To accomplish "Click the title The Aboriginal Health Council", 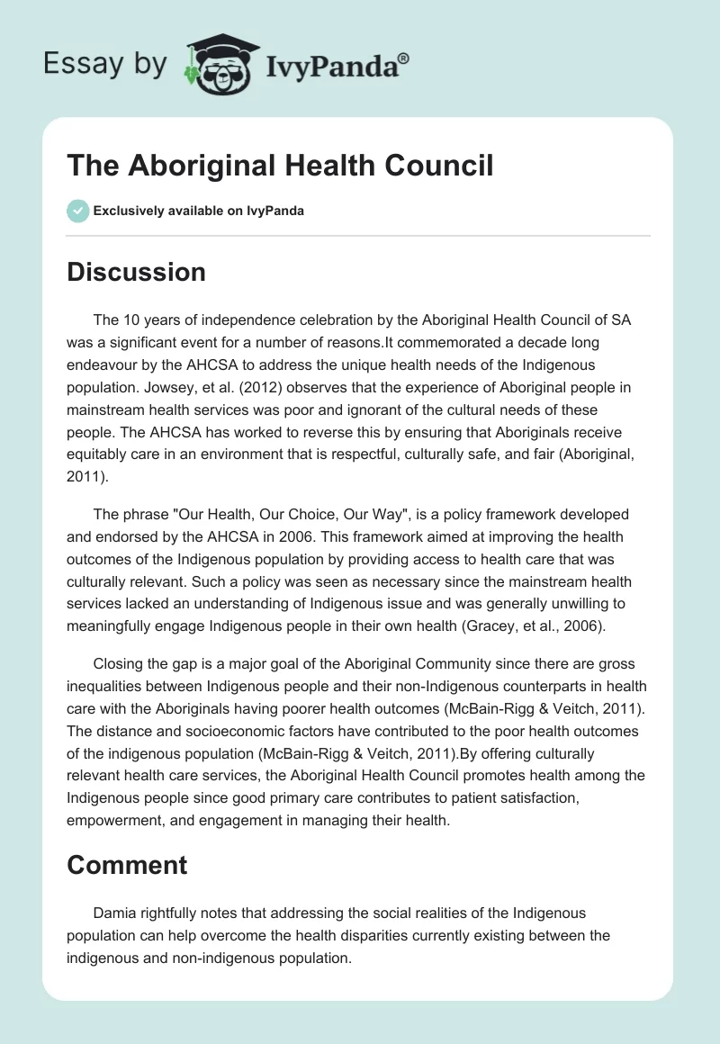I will click(x=280, y=166).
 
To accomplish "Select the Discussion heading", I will click(x=136, y=272).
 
